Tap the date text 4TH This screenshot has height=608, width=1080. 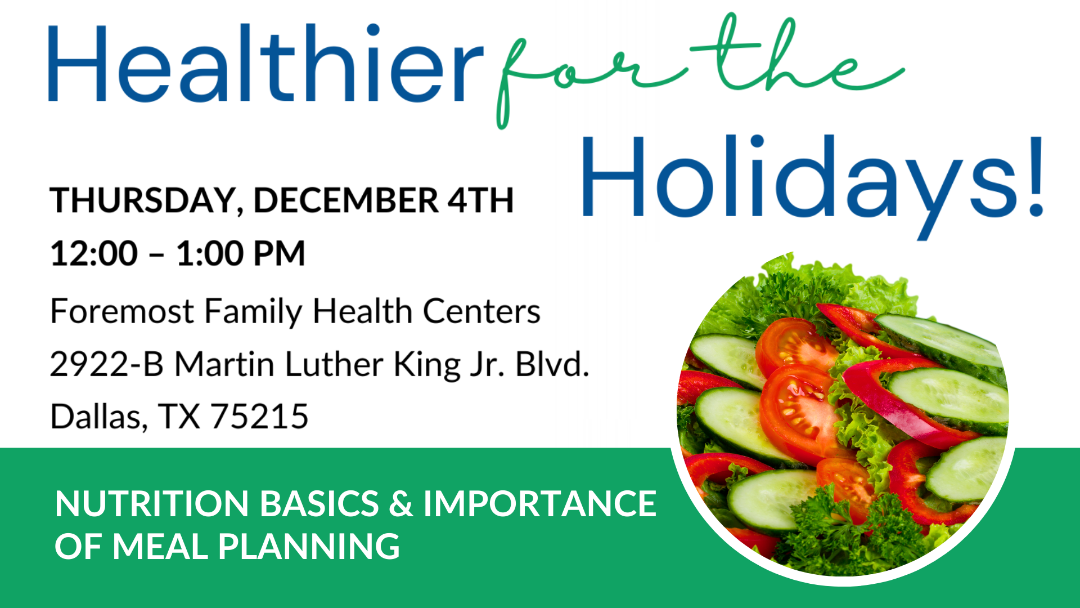[x=481, y=200]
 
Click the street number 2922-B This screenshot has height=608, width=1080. [x=107, y=364]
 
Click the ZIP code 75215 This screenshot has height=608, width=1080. [x=259, y=417]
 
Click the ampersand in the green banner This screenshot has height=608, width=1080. [x=400, y=503]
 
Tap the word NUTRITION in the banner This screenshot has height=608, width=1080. [x=152, y=503]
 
